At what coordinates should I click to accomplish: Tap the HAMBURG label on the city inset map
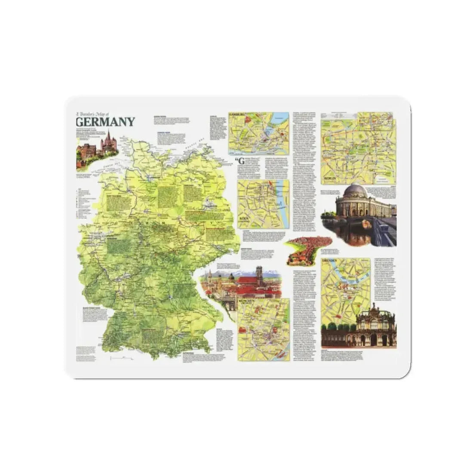236,115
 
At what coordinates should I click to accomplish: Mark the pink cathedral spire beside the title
108,138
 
